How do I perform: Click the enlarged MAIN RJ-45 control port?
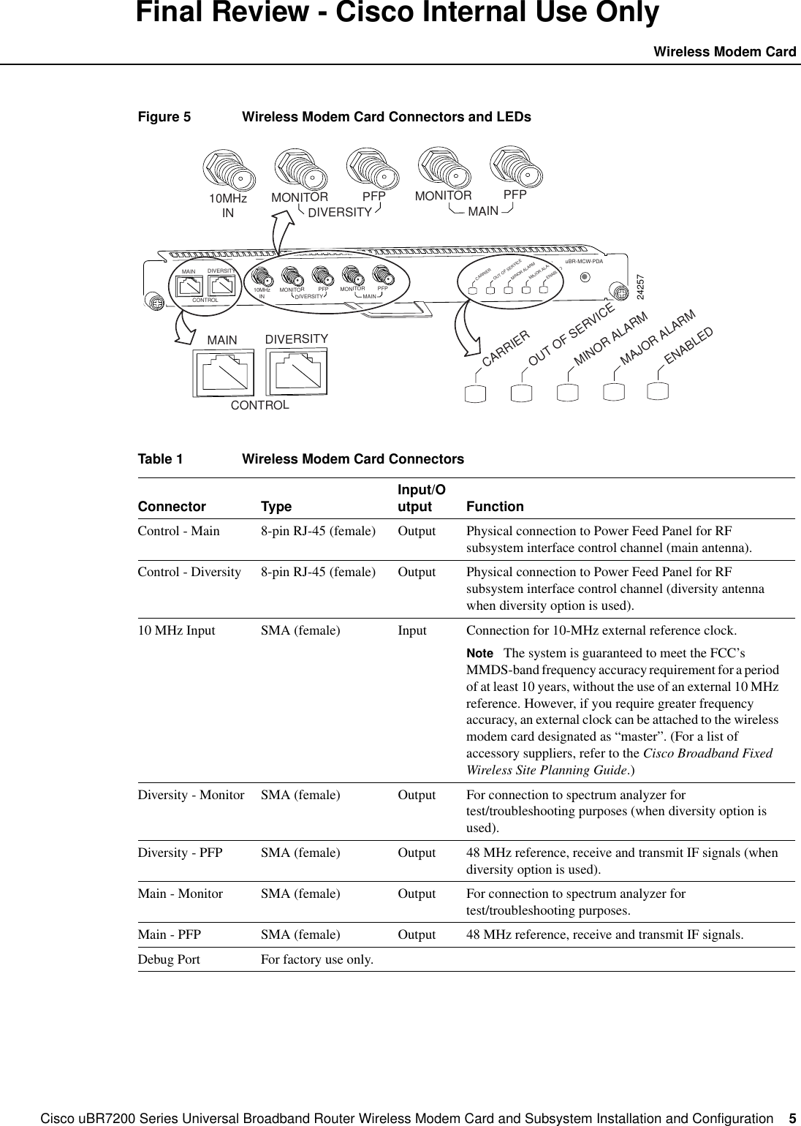pos(223,371)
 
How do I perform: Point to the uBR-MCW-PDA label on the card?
pos(585,261)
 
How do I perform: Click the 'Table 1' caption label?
pos(160,459)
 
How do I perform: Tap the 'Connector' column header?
pos(172,507)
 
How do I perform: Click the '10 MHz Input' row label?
pos(176,630)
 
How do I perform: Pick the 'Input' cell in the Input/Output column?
pos(412,630)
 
